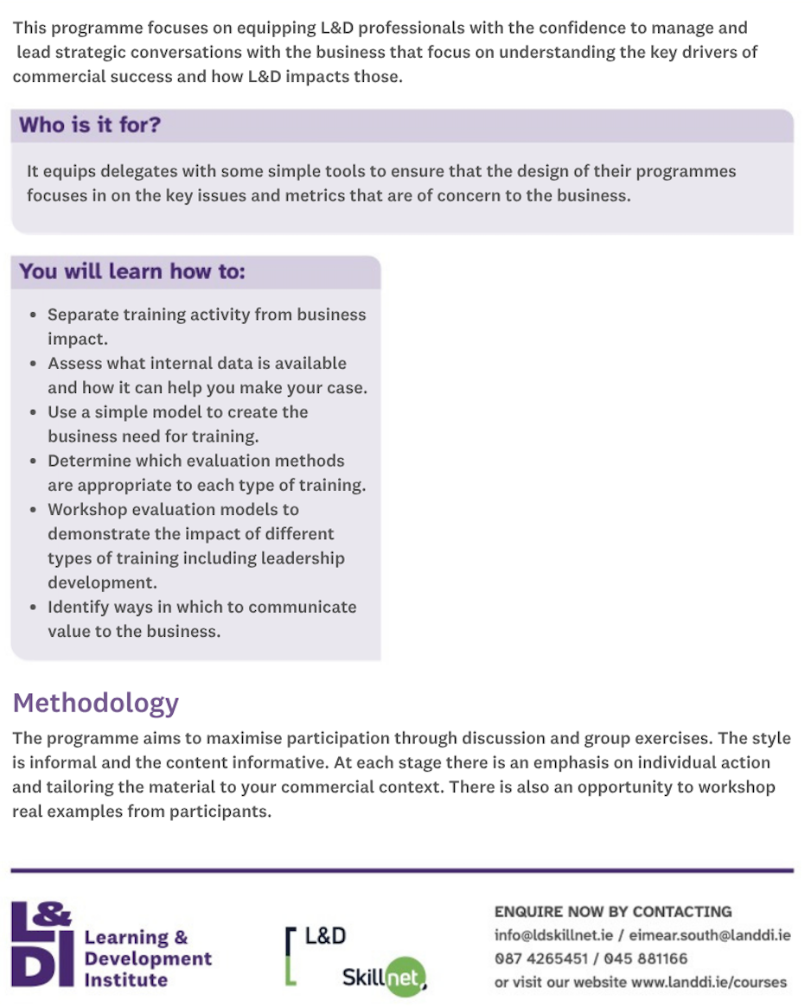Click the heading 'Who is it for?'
coord(90,125)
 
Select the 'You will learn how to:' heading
coord(132,271)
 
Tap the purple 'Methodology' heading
coord(95,703)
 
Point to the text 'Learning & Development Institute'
coord(148,958)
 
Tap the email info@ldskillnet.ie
coord(555,935)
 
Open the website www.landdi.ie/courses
coord(697,982)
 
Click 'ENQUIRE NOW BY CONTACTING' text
coord(613,912)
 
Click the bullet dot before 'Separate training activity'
coord(33,315)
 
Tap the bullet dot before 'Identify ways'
coord(33,608)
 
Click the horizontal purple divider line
coord(402,870)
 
